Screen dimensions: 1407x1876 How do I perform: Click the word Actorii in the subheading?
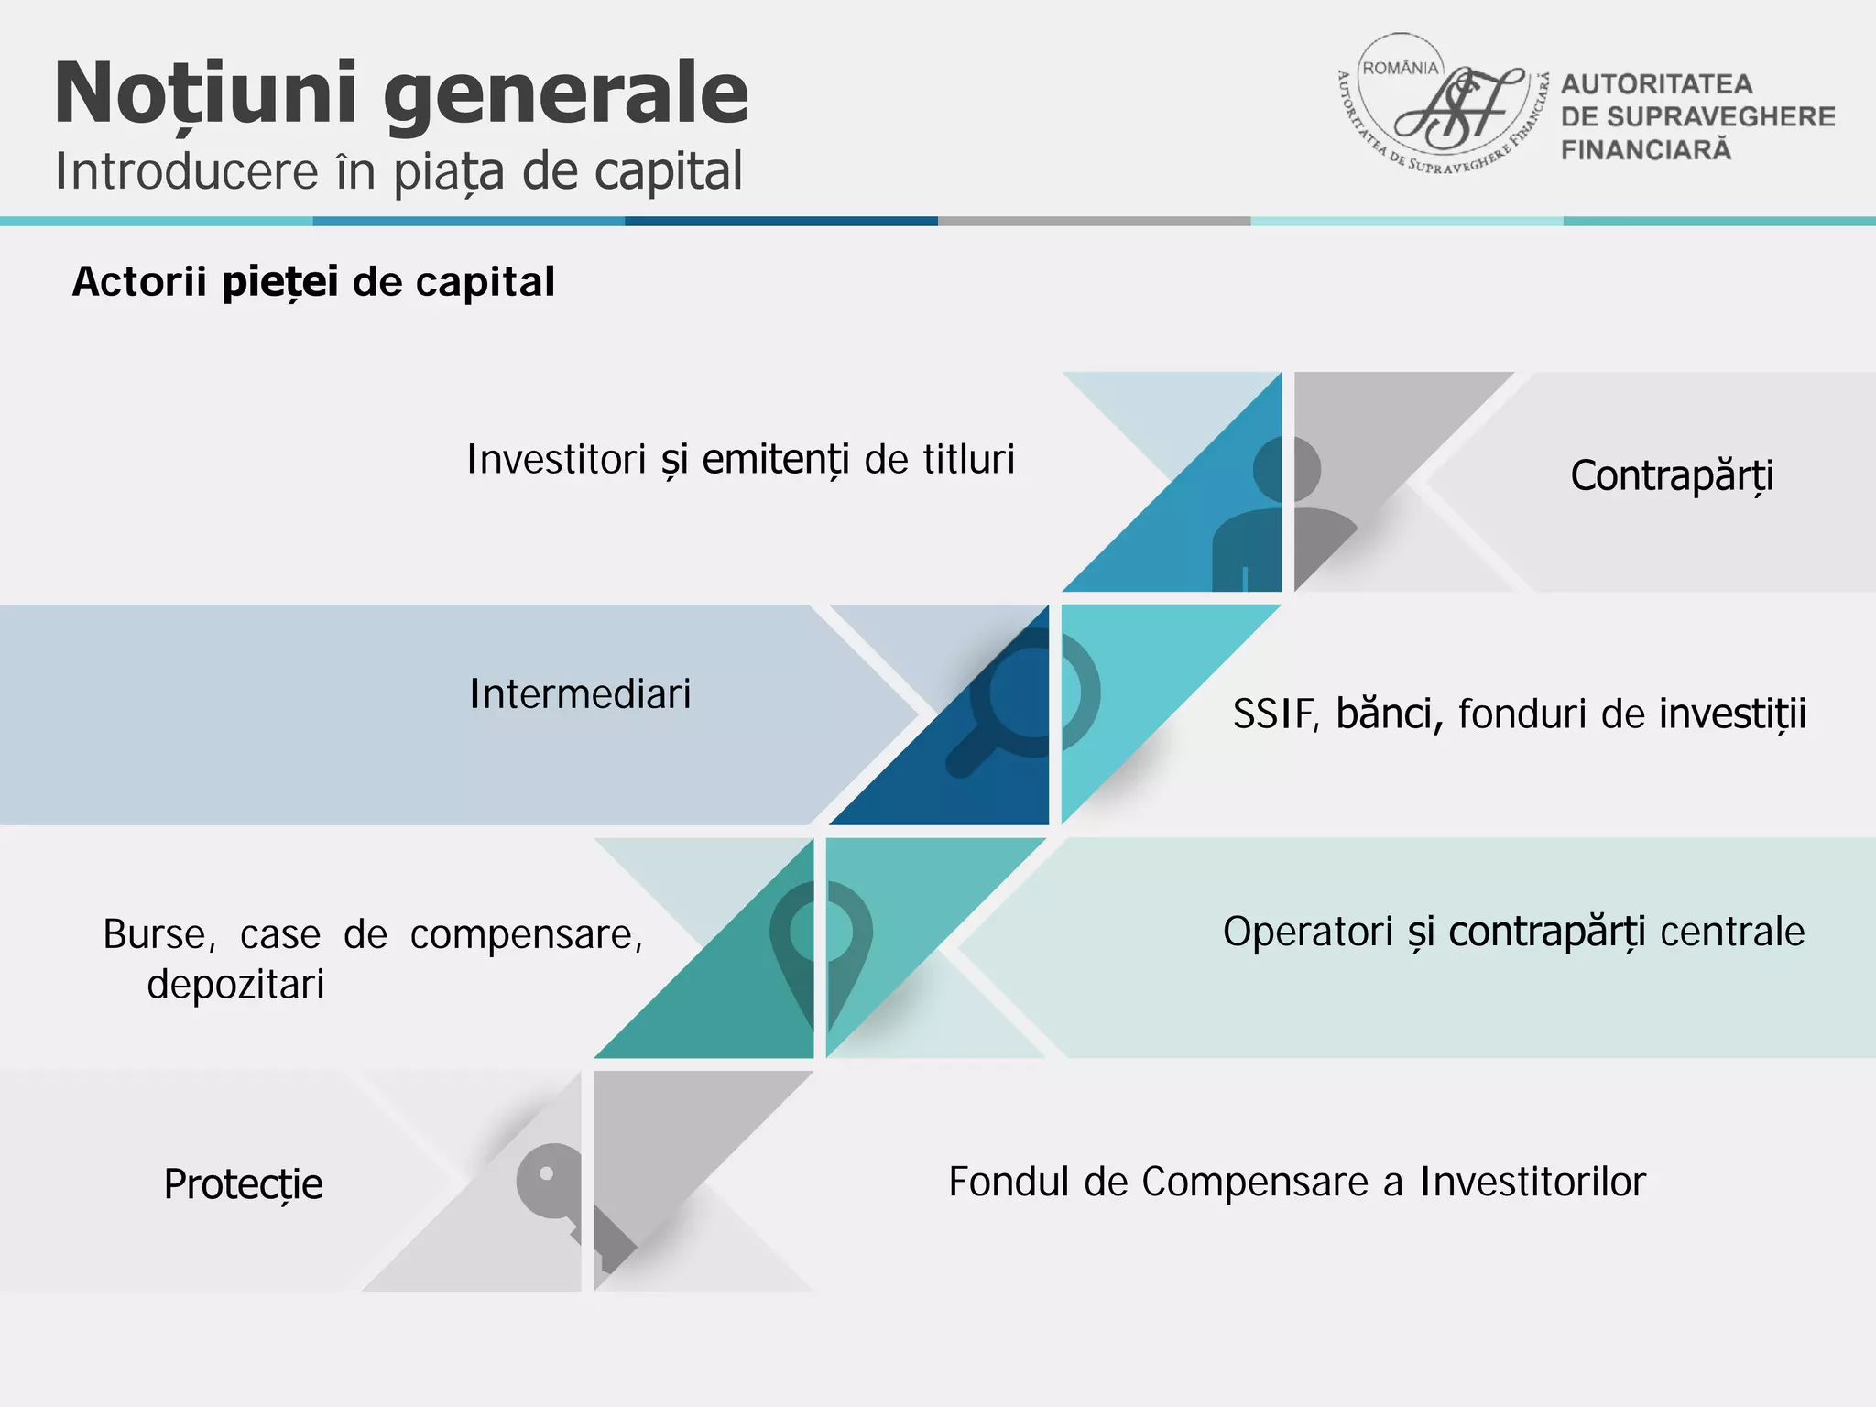(x=139, y=282)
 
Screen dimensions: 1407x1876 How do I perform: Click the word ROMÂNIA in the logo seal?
(x=1401, y=69)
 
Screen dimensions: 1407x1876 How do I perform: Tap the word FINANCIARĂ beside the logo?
(x=1646, y=150)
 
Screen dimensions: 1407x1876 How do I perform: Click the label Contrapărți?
(x=1672, y=476)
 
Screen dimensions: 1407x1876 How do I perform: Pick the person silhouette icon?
(x=1282, y=513)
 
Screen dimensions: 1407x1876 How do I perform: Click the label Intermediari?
(x=580, y=694)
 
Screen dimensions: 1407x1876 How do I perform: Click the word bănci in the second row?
(x=1390, y=714)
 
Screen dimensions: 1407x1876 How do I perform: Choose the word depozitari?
(x=235, y=985)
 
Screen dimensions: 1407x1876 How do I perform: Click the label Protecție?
(x=243, y=1184)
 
